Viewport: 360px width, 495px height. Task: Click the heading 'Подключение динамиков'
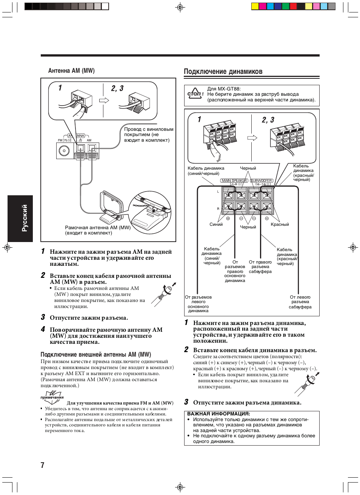(223, 71)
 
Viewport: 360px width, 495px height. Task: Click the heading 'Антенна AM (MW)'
(71, 71)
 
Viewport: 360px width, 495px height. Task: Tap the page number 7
(43, 465)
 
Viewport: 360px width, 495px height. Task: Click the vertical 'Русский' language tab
(24, 218)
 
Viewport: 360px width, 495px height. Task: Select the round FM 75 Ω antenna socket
(64, 151)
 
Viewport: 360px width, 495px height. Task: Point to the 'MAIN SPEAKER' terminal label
(234, 181)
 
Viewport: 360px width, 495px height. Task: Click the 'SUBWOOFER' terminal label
(262, 181)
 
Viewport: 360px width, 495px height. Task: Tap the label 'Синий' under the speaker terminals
(216, 224)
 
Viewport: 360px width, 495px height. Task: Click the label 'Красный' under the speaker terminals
(280, 224)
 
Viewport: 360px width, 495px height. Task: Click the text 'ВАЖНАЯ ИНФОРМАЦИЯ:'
(218, 414)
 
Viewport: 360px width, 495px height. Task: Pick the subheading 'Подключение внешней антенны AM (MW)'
(96, 354)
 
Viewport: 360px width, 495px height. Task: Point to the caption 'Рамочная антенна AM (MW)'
(98, 228)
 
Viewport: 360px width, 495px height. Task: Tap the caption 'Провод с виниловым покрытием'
(149, 132)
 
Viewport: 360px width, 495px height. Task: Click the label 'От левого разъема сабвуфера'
(300, 302)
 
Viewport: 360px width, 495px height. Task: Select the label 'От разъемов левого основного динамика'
(198, 304)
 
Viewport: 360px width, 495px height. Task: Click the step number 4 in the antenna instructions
(43, 329)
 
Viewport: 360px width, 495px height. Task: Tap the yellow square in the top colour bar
(255, 6)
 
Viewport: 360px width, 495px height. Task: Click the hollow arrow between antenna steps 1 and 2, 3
(104, 100)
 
